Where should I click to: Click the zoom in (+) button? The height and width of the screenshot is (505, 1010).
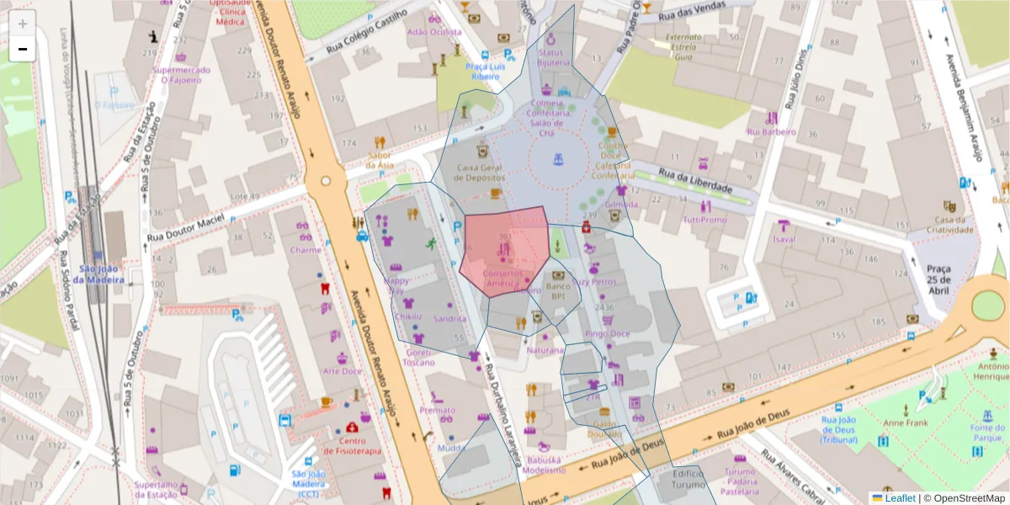[x=23, y=24]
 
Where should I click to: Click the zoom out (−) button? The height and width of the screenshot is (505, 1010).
[x=23, y=49]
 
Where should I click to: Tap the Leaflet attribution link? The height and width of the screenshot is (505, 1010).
[x=899, y=498]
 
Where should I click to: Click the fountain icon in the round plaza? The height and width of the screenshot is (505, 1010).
[x=557, y=159]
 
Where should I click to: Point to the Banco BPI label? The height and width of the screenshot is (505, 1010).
[x=557, y=291]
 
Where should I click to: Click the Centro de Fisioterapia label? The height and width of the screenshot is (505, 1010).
[x=352, y=446]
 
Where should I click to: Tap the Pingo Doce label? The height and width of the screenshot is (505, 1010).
[x=607, y=333]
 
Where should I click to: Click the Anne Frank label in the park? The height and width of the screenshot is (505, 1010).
[x=905, y=423]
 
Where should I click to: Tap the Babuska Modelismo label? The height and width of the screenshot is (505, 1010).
[x=545, y=465]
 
